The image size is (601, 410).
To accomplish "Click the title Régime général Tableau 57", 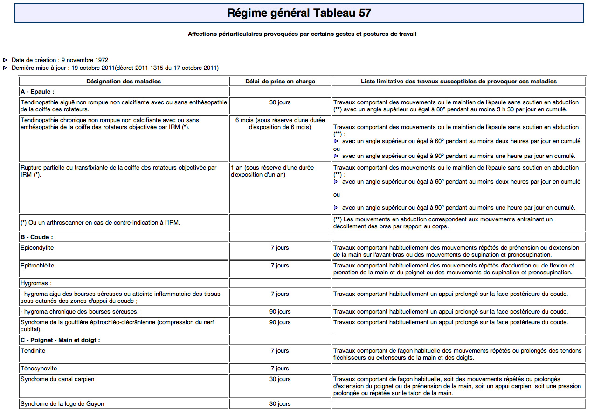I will [x=299, y=13].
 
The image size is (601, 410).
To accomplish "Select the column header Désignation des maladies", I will [x=124, y=82].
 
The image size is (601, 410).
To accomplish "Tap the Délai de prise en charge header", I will [x=280, y=82].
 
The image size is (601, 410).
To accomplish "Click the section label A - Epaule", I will [x=38, y=92].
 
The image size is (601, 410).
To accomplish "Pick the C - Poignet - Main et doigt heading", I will [x=60, y=340].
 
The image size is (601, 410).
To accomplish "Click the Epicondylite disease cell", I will [x=37, y=248].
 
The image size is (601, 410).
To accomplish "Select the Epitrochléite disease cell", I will [x=37, y=266].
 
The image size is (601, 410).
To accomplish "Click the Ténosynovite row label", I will [x=39, y=369].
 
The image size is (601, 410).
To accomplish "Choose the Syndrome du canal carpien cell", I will [x=57, y=379].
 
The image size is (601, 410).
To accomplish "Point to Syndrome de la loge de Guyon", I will [x=62, y=404].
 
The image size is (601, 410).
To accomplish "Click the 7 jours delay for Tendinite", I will [x=280, y=351].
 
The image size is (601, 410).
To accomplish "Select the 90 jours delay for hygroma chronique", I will [x=280, y=312].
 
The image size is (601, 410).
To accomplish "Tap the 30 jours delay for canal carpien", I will [x=280, y=379].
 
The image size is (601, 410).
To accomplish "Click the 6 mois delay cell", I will [x=280, y=123].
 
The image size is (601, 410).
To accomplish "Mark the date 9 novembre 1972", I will [x=85, y=60].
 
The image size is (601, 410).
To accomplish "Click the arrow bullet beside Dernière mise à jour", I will [x=6, y=68].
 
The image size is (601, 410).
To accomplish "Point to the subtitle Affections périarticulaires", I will [x=302, y=34].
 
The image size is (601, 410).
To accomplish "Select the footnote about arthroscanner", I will [x=100, y=223].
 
